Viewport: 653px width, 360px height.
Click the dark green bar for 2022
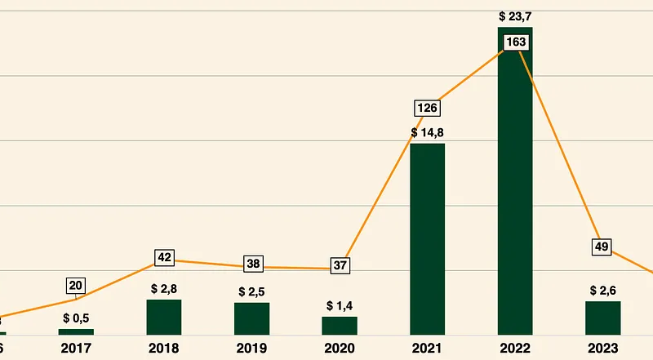[515, 188]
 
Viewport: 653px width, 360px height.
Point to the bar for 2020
[340, 325]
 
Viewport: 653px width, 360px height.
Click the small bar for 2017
[76, 331]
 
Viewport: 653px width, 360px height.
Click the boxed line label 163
[515, 42]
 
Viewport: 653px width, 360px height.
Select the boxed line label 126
[427, 108]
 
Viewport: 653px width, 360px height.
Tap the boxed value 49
[602, 246]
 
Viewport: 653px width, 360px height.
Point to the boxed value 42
[164, 258]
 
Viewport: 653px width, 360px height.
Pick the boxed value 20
[76, 286]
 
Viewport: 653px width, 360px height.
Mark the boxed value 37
[340, 265]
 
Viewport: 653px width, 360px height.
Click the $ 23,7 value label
[515, 16]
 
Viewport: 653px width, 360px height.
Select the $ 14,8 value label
[427, 132]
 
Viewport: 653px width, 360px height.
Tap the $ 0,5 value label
[76, 317]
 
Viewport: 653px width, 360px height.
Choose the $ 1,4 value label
[340, 305]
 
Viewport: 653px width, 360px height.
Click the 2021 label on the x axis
[427, 348]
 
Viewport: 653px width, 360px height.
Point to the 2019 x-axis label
[251, 348]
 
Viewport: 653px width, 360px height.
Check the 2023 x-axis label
[602, 348]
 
